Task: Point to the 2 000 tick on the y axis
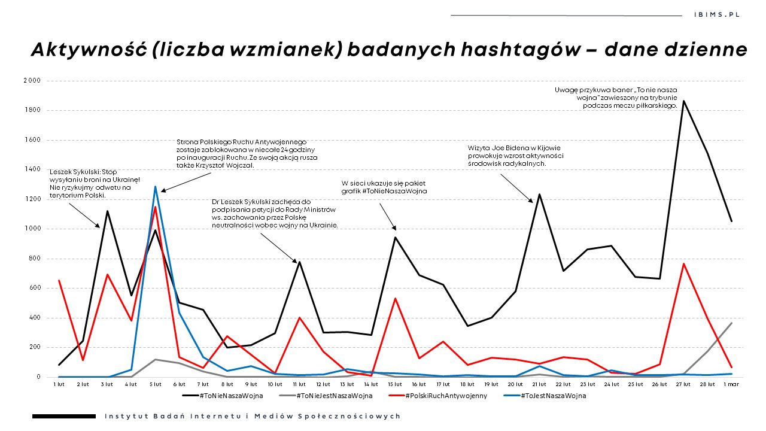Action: (x=32, y=80)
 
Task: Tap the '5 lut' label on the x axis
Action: (x=156, y=384)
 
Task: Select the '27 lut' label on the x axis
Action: (x=683, y=384)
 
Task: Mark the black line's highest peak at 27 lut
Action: (x=683, y=101)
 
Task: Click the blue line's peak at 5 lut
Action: (x=156, y=187)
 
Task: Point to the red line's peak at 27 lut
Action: (x=683, y=264)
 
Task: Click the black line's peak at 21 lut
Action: (x=539, y=194)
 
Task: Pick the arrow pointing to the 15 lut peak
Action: (x=387, y=216)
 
